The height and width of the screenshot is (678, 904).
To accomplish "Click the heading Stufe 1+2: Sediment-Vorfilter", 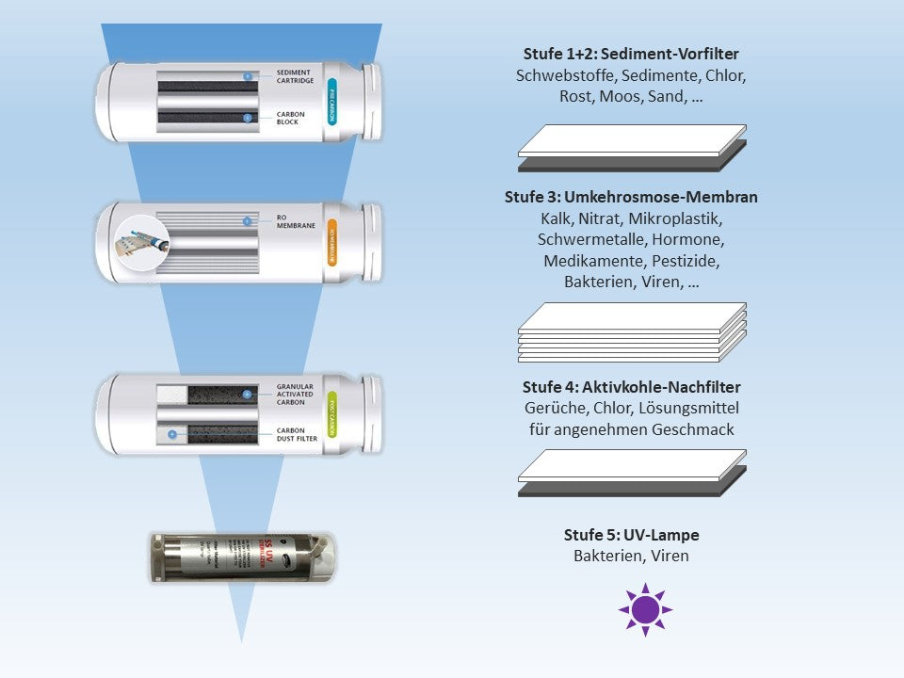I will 631,54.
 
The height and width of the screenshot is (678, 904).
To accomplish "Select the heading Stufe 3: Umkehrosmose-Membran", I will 631,198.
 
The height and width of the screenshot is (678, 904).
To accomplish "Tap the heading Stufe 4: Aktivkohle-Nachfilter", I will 631,387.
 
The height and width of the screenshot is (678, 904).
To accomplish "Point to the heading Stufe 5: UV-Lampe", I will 631,535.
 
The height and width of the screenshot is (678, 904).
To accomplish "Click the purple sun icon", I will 645,609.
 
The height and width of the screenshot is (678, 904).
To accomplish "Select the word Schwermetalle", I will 584,239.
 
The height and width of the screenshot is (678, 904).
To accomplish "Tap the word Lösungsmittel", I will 689,408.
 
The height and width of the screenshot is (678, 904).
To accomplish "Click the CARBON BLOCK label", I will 292,119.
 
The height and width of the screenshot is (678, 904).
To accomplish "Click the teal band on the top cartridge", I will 331,102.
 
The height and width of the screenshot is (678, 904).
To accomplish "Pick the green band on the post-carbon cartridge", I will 331,415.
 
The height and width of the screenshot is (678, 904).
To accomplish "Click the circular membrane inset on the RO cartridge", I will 141,242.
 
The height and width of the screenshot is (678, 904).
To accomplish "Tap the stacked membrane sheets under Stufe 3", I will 632,331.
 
